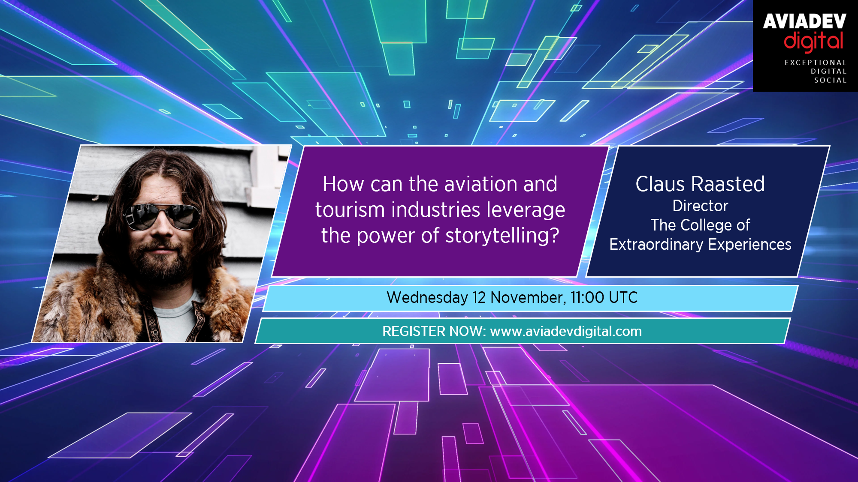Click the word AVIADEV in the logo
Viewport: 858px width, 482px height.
click(x=804, y=21)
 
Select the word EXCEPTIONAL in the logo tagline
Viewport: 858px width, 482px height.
click(x=816, y=63)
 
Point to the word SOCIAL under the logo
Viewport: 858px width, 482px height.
click(x=831, y=80)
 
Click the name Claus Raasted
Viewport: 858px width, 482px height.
click(x=700, y=184)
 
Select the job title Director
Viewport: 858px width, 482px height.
click(x=700, y=206)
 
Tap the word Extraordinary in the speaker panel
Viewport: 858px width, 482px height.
click(x=656, y=245)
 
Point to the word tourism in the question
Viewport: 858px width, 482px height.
click(x=350, y=210)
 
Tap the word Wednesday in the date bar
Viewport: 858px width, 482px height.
click(x=427, y=298)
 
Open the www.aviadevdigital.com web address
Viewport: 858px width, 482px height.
click(x=566, y=331)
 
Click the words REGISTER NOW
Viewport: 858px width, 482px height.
click(x=434, y=331)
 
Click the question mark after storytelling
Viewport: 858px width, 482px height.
click(x=554, y=235)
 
